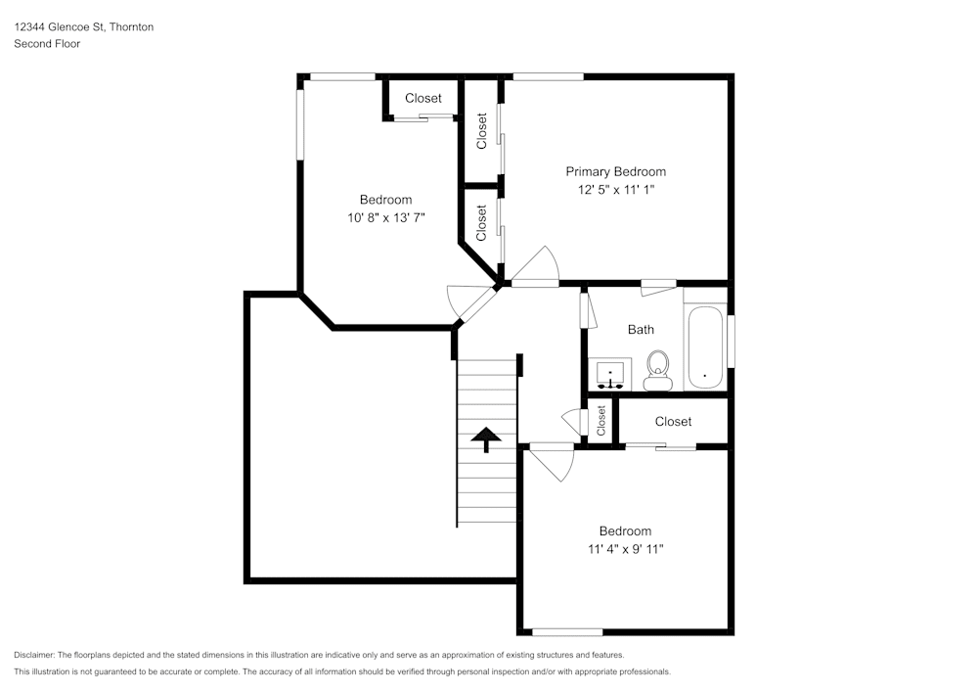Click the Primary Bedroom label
pyautogui.click(x=615, y=171)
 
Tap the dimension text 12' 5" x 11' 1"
pyautogui.click(x=615, y=191)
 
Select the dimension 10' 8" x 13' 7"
pyautogui.click(x=385, y=218)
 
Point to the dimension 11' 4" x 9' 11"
pyautogui.click(x=625, y=549)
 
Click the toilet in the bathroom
pyautogui.click(x=657, y=370)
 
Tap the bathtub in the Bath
pyautogui.click(x=705, y=348)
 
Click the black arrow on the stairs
pyautogui.click(x=486, y=439)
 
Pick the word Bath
pyautogui.click(x=641, y=330)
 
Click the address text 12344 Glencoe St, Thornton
pyautogui.click(x=83, y=27)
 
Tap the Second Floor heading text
pyautogui.click(x=47, y=44)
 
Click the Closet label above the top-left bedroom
pyautogui.click(x=423, y=98)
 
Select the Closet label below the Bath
pyautogui.click(x=673, y=421)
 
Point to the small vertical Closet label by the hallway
pyautogui.click(x=601, y=421)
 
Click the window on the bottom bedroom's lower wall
pyautogui.click(x=567, y=631)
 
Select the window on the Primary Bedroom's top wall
pyautogui.click(x=548, y=75)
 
